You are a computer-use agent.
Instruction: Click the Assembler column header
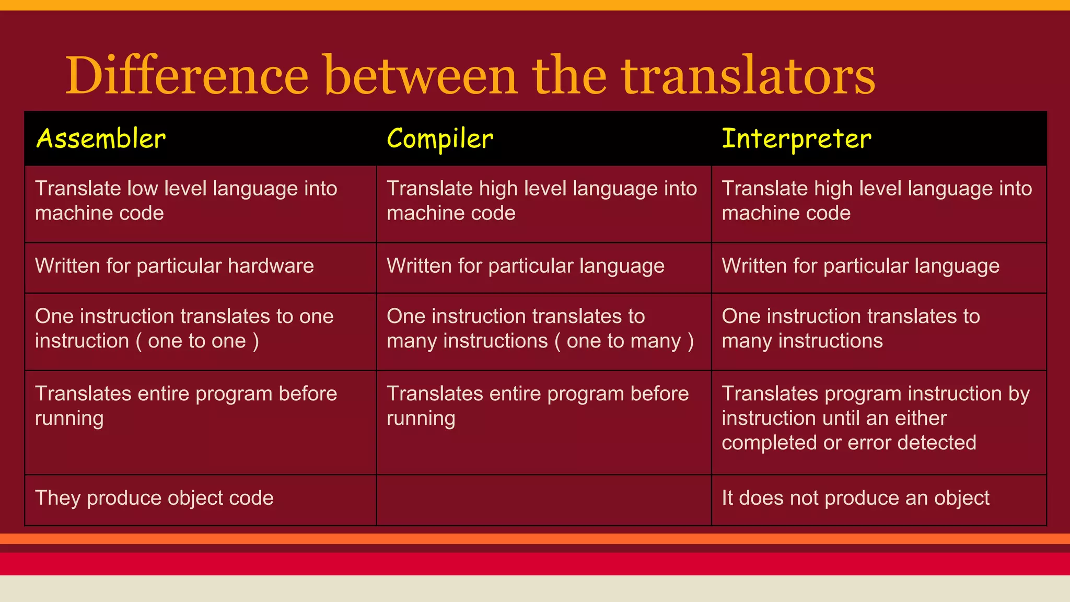(x=101, y=139)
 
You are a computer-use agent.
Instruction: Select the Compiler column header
(x=439, y=139)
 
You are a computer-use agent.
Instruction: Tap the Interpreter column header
(x=796, y=139)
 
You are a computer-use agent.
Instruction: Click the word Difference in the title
(x=187, y=76)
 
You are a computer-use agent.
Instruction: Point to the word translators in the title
(x=748, y=76)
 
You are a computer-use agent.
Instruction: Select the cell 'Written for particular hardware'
(x=175, y=266)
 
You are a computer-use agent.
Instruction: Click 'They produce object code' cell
(x=154, y=498)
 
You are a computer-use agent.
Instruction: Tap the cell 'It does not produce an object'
(x=855, y=498)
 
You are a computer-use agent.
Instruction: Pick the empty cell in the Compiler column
(x=543, y=500)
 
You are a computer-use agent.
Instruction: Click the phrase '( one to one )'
(x=197, y=341)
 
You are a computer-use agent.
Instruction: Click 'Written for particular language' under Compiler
(x=525, y=266)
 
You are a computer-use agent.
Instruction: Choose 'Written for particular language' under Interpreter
(x=860, y=266)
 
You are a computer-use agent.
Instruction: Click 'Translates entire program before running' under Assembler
(x=186, y=406)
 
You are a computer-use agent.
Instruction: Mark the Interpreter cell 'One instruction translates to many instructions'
(x=850, y=329)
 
